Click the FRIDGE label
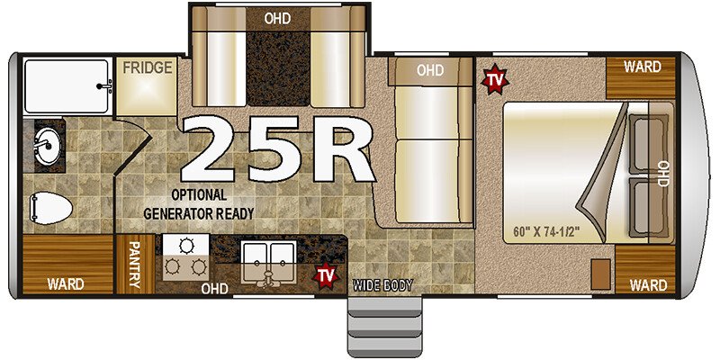click(147, 68)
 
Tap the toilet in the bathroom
click(51, 209)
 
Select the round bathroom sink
click(48, 146)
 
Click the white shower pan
click(67, 85)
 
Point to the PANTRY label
click(134, 265)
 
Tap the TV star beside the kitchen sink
click(326, 276)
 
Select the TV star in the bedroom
click(495, 79)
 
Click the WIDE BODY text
click(382, 285)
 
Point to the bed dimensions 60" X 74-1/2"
click(546, 230)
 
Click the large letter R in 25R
click(340, 148)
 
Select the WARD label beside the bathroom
click(66, 283)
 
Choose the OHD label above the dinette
click(277, 19)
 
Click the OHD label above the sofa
click(430, 70)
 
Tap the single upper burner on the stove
click(186, 246)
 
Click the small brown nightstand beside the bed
click(600, 274)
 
